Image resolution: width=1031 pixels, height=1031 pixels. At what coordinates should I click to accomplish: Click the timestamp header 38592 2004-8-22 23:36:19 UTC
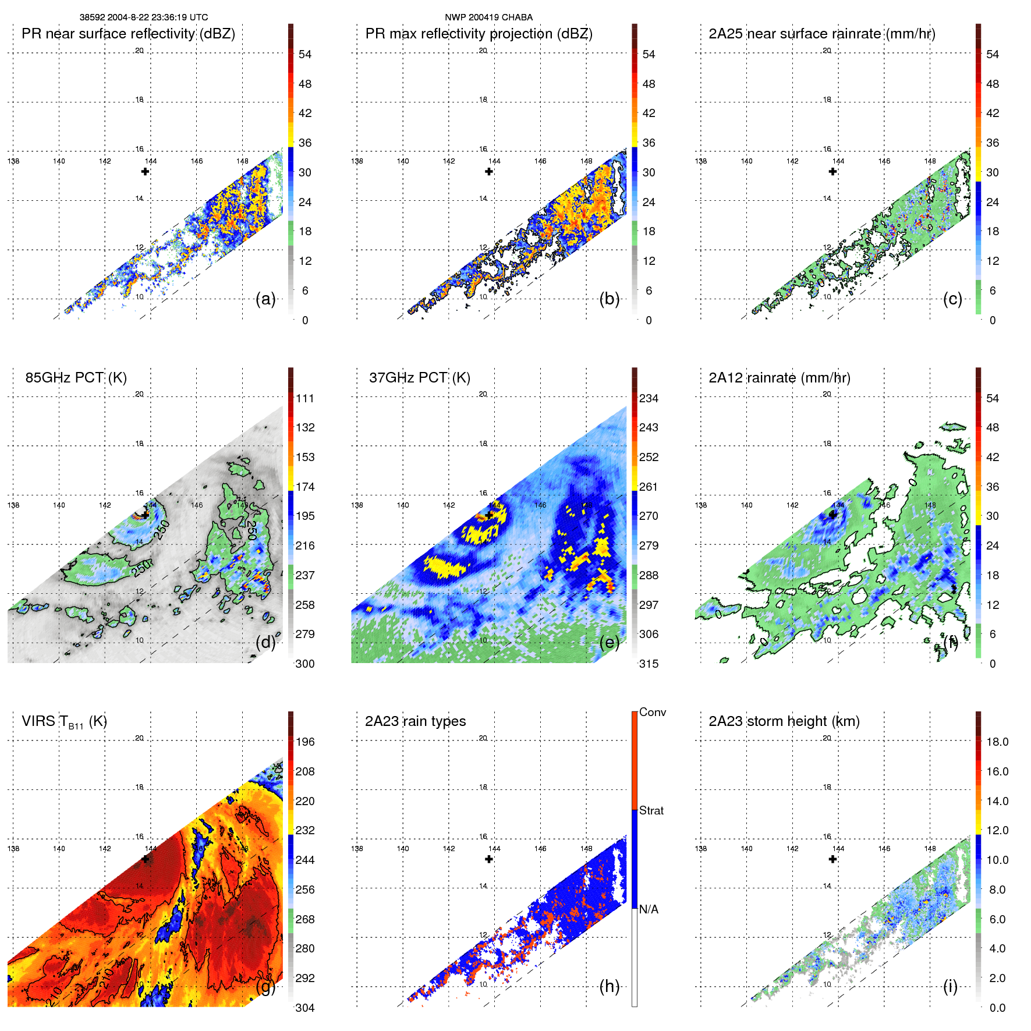coord(143,17)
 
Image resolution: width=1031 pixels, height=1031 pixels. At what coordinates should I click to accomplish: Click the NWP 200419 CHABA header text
coord(488,17)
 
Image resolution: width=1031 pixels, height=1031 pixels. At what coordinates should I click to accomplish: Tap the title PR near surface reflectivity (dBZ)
coord(128,34)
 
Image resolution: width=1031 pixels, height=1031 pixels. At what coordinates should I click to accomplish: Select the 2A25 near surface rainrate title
coord(821,34)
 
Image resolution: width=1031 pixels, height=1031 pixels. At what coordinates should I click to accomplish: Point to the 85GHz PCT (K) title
coord(76,378)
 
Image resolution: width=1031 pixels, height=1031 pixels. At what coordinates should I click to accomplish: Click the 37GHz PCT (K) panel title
coord(419,378)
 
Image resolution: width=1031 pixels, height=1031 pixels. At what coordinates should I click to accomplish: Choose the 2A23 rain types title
coord(415,721)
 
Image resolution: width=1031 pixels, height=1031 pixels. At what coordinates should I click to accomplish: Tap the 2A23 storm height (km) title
coord(784,721)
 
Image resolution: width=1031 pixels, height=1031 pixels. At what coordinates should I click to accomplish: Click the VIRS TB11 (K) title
coord(64,722)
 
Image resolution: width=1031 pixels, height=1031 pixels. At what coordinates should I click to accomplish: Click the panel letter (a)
coord(265,299)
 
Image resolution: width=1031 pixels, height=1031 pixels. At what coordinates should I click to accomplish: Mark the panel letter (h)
coord(610,986)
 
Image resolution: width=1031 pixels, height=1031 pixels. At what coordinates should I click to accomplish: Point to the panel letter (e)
coord(610,643)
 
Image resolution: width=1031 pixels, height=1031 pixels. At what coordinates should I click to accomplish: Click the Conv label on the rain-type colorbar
coord(653,712)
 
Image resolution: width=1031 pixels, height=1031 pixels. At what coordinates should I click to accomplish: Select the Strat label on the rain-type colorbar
coord(651,810)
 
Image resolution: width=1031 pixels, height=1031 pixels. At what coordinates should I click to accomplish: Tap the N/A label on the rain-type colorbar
coord(649,909)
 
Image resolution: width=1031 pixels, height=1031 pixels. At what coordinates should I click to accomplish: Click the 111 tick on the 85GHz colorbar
coord(305,399)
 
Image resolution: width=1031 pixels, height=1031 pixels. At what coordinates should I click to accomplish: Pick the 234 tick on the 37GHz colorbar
coord(649,399)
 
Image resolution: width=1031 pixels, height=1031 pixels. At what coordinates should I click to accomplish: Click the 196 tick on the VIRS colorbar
coord(305,742)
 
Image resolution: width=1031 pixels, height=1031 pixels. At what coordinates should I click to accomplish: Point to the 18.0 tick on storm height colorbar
coord(997,742)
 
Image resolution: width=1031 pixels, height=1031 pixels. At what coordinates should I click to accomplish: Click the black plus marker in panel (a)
coord(145,172)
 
